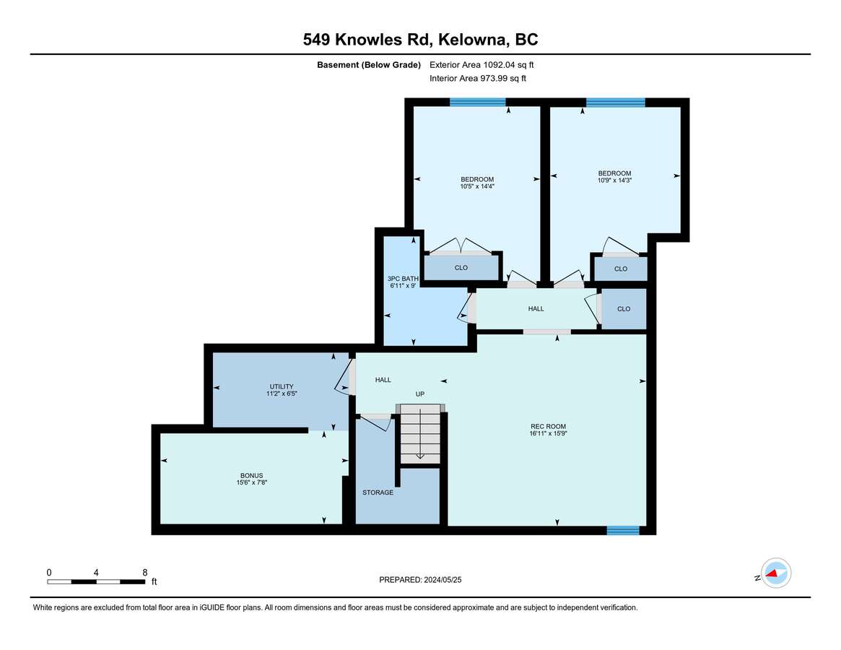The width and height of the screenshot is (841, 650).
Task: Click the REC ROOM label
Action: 548,426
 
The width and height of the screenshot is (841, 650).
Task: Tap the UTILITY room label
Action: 282,386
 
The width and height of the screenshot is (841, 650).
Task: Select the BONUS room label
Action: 251,475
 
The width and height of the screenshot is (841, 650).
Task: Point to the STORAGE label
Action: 378,493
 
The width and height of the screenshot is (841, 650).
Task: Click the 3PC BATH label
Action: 403,279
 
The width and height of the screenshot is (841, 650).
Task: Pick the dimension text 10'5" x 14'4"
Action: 477,187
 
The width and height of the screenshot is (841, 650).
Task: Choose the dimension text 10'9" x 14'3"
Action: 614,181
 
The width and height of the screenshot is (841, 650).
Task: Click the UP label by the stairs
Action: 420,394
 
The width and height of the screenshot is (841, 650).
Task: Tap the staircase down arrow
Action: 420,433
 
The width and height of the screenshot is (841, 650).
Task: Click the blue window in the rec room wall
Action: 623,530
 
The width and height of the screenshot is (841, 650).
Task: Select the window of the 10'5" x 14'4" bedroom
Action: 477,102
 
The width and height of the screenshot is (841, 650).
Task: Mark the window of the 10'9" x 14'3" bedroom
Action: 615,102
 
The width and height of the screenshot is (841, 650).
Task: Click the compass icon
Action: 776,573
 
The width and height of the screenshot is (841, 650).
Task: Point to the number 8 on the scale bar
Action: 145,573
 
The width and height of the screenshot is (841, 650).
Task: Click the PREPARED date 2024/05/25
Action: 443,580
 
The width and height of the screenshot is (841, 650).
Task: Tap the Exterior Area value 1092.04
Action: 499,65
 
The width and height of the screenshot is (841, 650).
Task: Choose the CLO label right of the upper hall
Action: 624,308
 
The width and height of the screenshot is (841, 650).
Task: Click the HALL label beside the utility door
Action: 383,379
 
